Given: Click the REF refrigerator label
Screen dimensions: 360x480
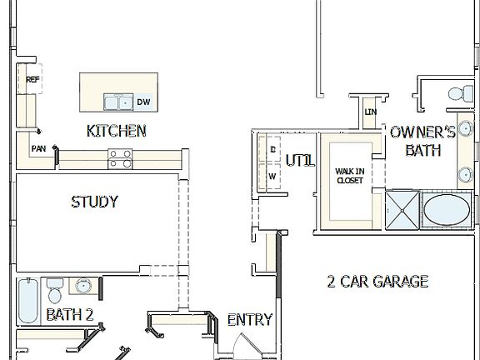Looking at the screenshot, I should pyautogui.click(x=32, y=80).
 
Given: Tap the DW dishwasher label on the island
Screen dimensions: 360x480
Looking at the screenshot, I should pyautogui.click(x=143, y=102).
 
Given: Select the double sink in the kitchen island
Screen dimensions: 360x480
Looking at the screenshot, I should pyautogui.click(x=117, y=102).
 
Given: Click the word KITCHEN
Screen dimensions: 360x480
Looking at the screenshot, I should pyautogui.click(x=117, y=131).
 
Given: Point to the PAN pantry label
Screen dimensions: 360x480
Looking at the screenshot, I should pyautogui.click(x=38, y=149).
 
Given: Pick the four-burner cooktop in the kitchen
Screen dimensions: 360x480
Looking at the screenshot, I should pyautogui.click(x=120, y=158).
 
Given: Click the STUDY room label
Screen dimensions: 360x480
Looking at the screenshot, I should pyautogui.click(x=94, y=202).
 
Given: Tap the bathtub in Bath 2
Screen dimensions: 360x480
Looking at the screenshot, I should pyautogui.click(x=27, y=301).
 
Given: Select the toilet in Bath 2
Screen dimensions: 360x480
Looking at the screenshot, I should pyautogui.click(x=55, y=291).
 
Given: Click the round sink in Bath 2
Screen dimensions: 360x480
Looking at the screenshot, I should pyautogui.click(x=82, y=287).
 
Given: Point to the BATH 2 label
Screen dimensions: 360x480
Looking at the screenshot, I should pyautogui.click(x=69, y=315).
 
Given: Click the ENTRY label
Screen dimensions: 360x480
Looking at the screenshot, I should pyautogui.click(x=250, y=320).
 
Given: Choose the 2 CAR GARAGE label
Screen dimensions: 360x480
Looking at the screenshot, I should pyautogui.click(x=377, y=282).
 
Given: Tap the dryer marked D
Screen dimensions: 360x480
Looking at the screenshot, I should pyautogui.click(x=272, y=149).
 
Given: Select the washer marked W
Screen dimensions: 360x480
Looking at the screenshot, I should pyautogui.click(x=272, y=177).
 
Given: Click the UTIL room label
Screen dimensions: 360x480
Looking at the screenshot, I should pyautogui.click(x=300, y=161).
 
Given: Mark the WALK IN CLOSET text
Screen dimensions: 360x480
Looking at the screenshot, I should pyautogui.click(x=349, y=176).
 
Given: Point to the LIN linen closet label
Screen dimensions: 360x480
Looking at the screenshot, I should pyautogui.click(x=371, y=112).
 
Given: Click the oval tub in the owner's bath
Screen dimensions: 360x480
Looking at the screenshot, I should pyautogui.click(x=447, y=209).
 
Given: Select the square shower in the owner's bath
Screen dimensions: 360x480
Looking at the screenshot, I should pyautogui.click(x=402, y=209).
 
